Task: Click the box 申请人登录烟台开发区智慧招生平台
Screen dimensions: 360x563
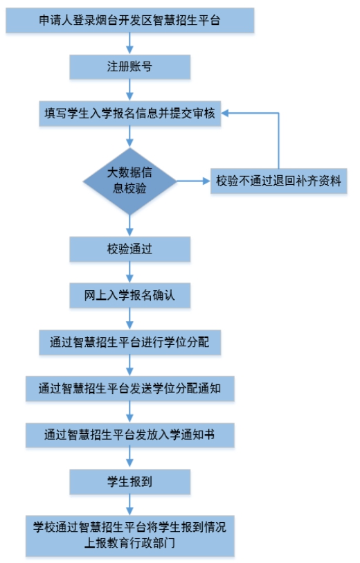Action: (x=129, y=21)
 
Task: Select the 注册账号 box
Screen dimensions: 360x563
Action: (x=129, y=66)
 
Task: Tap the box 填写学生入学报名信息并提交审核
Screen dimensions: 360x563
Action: (x=129, y=114)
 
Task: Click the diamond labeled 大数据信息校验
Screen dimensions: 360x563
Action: (x=129, y=181)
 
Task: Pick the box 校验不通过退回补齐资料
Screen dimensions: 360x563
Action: (x=278, y=181)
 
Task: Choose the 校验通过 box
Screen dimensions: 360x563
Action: (x=129, y=249)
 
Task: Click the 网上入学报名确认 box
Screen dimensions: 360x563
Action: (x=129, y=296)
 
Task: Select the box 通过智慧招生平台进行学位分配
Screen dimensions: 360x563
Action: (x=129, y=342)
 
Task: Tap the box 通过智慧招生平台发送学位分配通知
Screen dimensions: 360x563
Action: (x=129, y=388)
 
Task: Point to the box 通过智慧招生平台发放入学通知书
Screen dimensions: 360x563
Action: (x=129, y=435)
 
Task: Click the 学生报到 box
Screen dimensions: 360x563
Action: (x=129, y=481)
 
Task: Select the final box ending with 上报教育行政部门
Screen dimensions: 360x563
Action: (x=129, y=536)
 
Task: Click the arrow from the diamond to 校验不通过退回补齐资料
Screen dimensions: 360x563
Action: (x=193, y=181)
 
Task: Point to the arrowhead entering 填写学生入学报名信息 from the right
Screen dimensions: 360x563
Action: (x=225, y=114)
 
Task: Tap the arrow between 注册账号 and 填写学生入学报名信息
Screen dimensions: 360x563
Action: (x=129, y=90)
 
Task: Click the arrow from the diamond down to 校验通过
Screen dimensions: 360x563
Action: (x=129, y=226)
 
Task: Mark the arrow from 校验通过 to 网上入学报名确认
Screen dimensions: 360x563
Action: (x=129, y=272)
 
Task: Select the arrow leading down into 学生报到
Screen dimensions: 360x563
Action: (x=129, y=458)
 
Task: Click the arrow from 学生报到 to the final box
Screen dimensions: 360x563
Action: (x=129, y=505)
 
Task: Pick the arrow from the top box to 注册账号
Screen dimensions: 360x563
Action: (x=129, y=44)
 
